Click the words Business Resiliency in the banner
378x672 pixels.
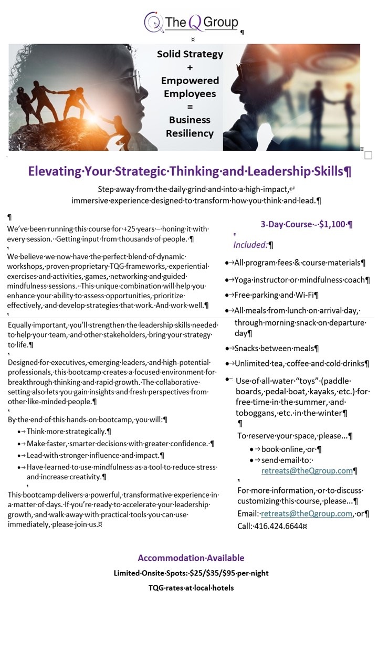[x=190, y=127]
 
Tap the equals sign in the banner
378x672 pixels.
[x=190, y=107]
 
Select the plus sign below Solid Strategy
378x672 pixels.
[x=190, y=67]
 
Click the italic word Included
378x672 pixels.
[x=250, y=245]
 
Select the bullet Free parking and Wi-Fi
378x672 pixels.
[x=276, y=295]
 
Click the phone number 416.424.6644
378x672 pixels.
[x=278, y=526]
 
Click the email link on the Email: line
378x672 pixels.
[x=306, y=513]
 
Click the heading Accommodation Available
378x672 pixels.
[x=191, y=558]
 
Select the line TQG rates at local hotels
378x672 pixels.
[x=191, y=587]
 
